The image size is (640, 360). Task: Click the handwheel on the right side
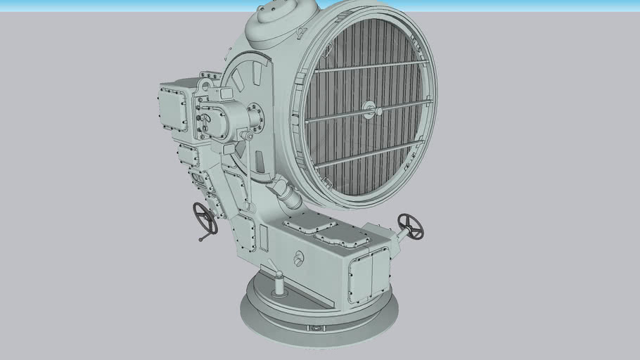(x=411, y=226)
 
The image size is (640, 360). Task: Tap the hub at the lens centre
(x=369, y=108)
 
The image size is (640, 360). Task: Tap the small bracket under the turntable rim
(x=313, y=328)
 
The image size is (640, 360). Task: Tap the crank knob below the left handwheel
(x=202, y=239)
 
